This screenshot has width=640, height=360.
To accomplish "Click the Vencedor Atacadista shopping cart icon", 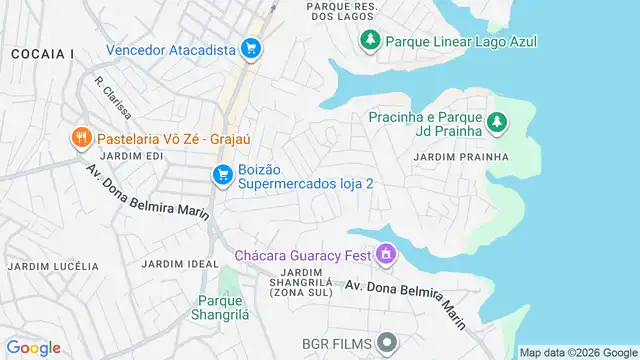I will pyautogui.click(x=250, y=47).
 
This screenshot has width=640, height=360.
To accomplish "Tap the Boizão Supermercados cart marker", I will pyautogui.click(x=223, y=176).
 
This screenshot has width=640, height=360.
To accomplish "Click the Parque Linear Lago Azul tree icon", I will pyautogui.click(x=370, y=41).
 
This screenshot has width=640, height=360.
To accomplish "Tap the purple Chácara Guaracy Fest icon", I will pyautogui.click(x=385, y=255).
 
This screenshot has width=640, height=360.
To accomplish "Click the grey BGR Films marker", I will pyautogui.click(x=385, y=343).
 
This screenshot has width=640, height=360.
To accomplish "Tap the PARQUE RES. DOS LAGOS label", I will pyautogui.click(x=342, y=11).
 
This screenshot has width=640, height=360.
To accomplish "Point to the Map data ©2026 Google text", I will pyautogui.click(x=577, y=352).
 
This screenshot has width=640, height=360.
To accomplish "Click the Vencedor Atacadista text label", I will pyautogui.click(x=170, y=47).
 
